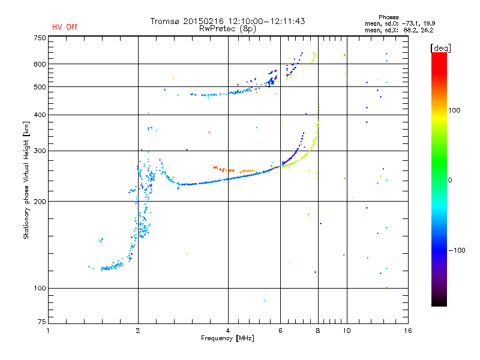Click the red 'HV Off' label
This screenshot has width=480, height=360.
tap(65, 27)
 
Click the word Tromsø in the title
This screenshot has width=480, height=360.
tap(166, 21)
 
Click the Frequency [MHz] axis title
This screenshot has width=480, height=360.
tap(227, 338)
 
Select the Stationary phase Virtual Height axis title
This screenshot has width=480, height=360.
tap(26, 180)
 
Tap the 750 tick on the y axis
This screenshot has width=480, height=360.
tap(40, 38)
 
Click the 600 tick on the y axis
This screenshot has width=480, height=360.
tap(40, 64)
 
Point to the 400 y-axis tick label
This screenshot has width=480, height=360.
tap(40, 115)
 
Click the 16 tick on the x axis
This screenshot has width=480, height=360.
tap(408, 331)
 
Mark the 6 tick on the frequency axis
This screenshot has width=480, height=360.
tap(281, 331)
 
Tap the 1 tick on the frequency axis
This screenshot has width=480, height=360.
tap(48, 331)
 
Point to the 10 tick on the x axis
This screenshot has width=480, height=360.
tap(346, 331)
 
